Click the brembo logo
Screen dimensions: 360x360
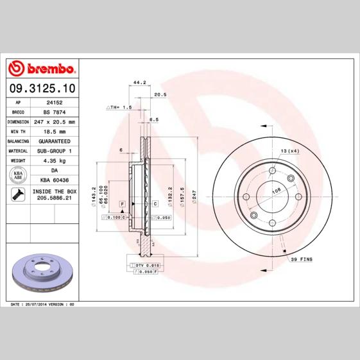pyautogui.click(x=42, y=69)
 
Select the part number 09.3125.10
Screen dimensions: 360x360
pyautogui.click(x=41, y=87)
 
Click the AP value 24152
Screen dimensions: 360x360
pyautogui.click(x=54, y=101)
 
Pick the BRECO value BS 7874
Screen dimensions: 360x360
pyautogui.click(x=54, y=111)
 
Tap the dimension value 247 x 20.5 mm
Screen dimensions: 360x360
pyautogui.click(x=54, y=121)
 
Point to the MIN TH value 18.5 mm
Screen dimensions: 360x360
pyautogui.click(x=54, y=131)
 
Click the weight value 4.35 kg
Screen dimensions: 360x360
pyautogui.click(x=54, y=161)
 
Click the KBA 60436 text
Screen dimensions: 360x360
pyautogui.click(x=54, y=181)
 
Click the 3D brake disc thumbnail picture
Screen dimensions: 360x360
pyautogui.click(x=42, y=270)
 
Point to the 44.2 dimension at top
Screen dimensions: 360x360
pyautogui.click(x=139, y=82)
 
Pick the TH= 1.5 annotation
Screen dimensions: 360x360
pyautogui.click(x=119, y=108)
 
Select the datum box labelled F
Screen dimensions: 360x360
pyautogui.click(x=121, y=203)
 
